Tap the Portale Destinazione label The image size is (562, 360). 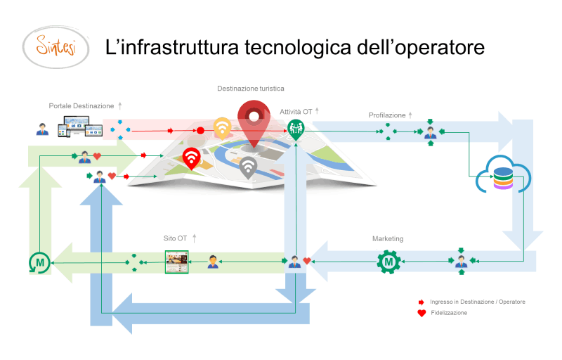(x=81, y=105)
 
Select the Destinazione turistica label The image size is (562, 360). (x=250, y=89)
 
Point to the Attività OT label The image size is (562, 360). (x=296, y=111)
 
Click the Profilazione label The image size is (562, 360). (x=387, y=115)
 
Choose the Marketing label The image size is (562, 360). (x=388, y=238)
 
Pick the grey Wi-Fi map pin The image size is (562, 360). (x=247, y=167)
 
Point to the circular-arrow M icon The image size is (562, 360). (x=39, y=263)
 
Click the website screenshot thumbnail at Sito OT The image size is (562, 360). (x=176, y=262)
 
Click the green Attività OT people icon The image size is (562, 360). (x=295, y=127)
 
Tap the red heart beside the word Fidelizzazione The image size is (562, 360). (x=421, y=313)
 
